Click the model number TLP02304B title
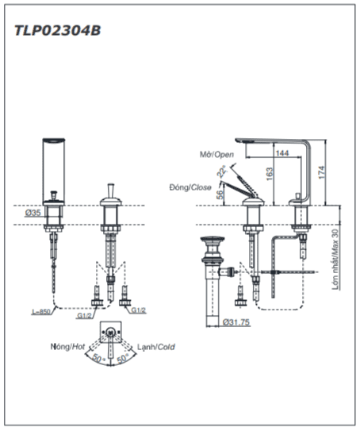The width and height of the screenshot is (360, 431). click(57, 30)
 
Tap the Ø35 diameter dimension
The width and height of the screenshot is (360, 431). click(33, 213)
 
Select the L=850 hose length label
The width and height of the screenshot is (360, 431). click(41, 312)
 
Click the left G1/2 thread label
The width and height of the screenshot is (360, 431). click(84, 316)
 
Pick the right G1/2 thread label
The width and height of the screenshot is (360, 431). click(139, 310)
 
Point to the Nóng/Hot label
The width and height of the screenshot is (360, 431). click(67, 347)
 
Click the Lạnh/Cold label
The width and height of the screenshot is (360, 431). click(156, 347)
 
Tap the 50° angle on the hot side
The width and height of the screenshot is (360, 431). click(99, 358)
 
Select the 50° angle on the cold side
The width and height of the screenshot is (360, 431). click(122, 358)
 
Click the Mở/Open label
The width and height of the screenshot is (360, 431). click(216, 155)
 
